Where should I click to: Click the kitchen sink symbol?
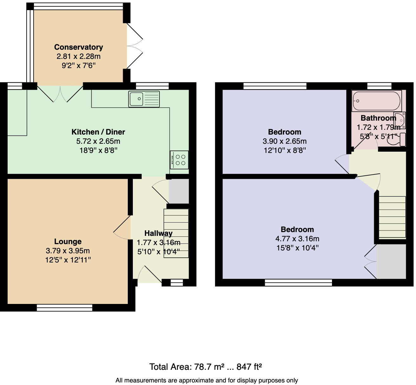144,99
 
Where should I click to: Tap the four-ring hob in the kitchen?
179,160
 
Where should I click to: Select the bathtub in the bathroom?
376,101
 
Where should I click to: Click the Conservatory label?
78,47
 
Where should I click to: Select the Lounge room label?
68,242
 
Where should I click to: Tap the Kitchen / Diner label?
98,132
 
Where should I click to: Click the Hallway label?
158,233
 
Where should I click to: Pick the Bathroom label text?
378,118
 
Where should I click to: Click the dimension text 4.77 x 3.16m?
297,239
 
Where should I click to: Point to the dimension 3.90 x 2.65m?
284,141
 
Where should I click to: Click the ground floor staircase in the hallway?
176,233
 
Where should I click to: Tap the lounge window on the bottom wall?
64,307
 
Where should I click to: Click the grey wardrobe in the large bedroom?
391,262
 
